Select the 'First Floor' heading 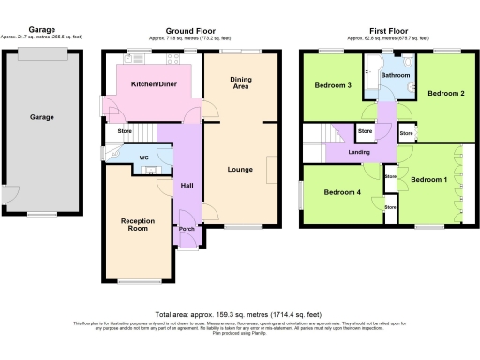[385, 31]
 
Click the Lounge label [241, 170]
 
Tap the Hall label [186, 185]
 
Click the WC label [144, 157]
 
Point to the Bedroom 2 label [446, 94]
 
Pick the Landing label [357, 151]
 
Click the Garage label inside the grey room [41, 118]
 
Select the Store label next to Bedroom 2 [406, 135]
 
